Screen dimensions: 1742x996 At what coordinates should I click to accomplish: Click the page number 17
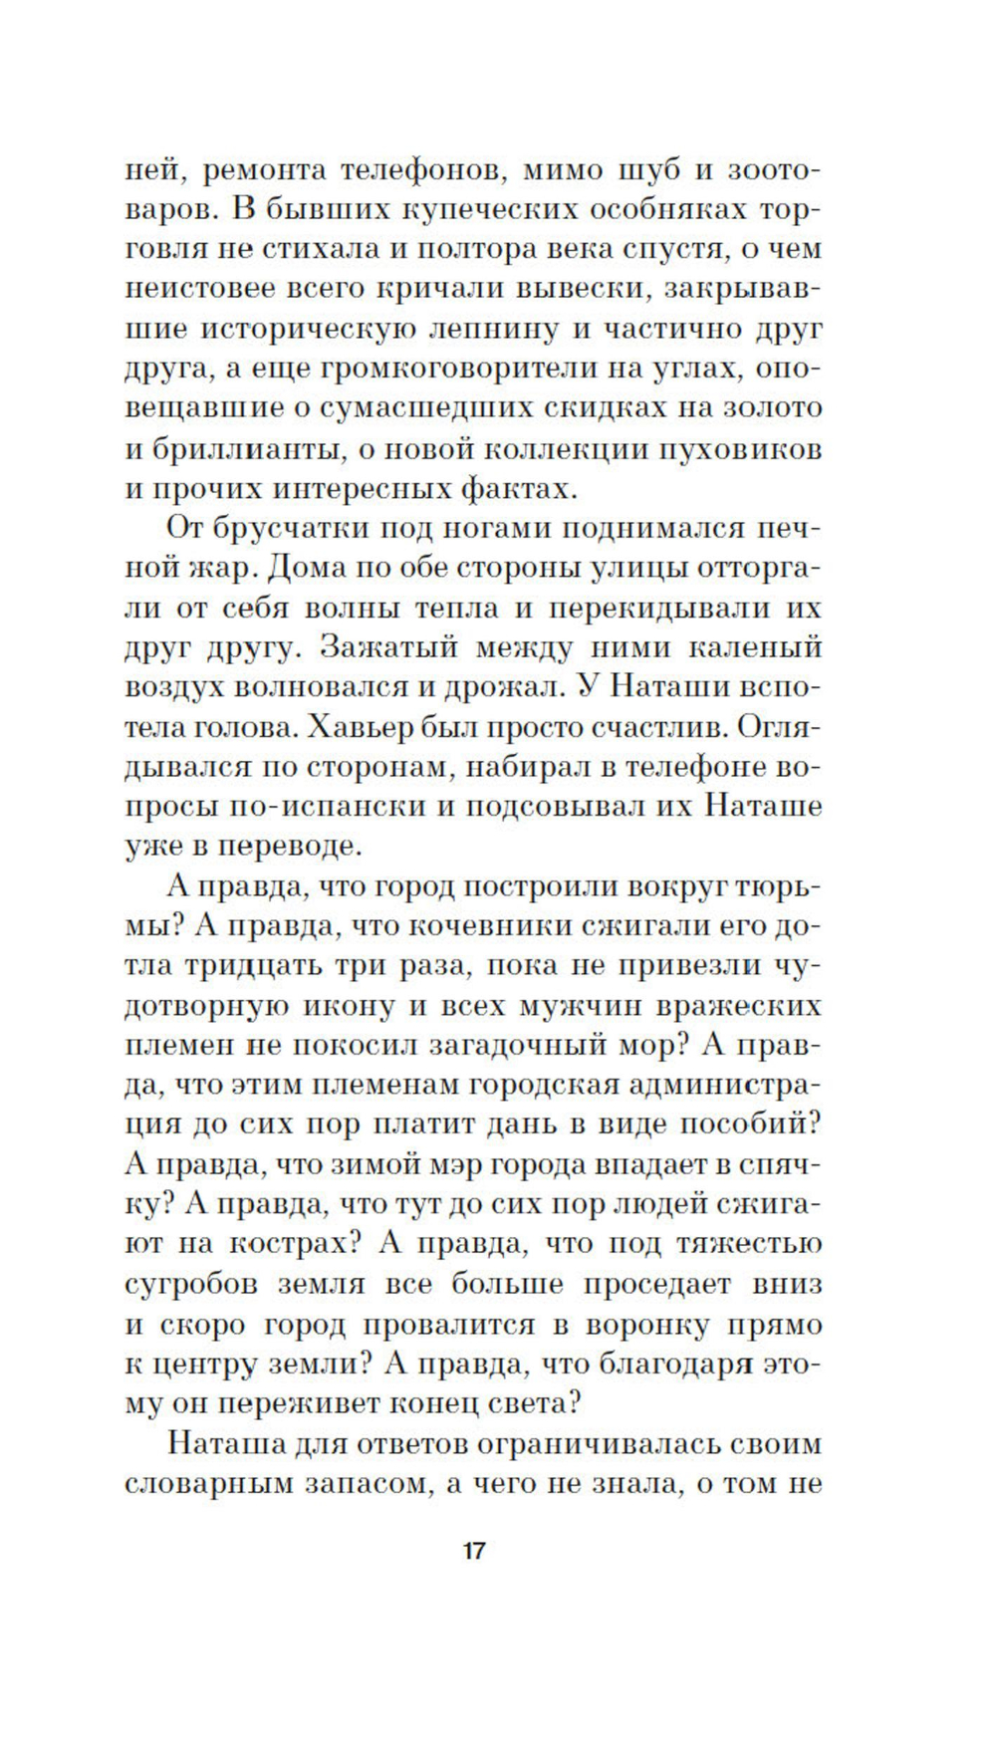pyautogui.click(x=473, y=1551)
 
